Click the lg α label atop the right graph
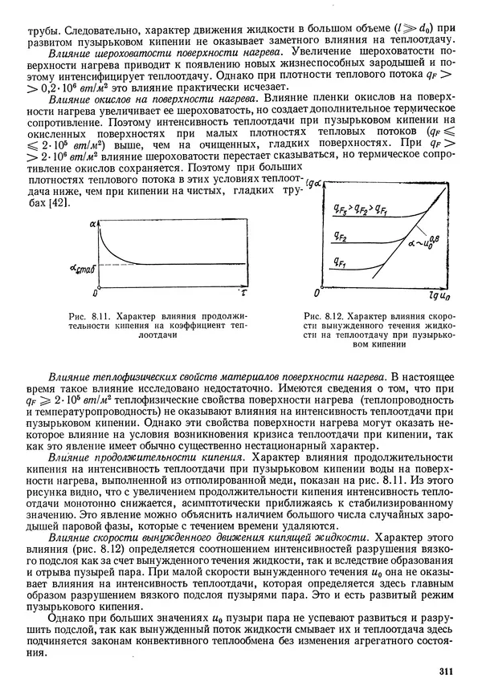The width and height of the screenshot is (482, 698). tap(314, 184)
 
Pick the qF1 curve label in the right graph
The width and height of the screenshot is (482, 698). tap(341, 262)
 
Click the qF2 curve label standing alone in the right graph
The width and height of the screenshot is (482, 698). tap(341, 237)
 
